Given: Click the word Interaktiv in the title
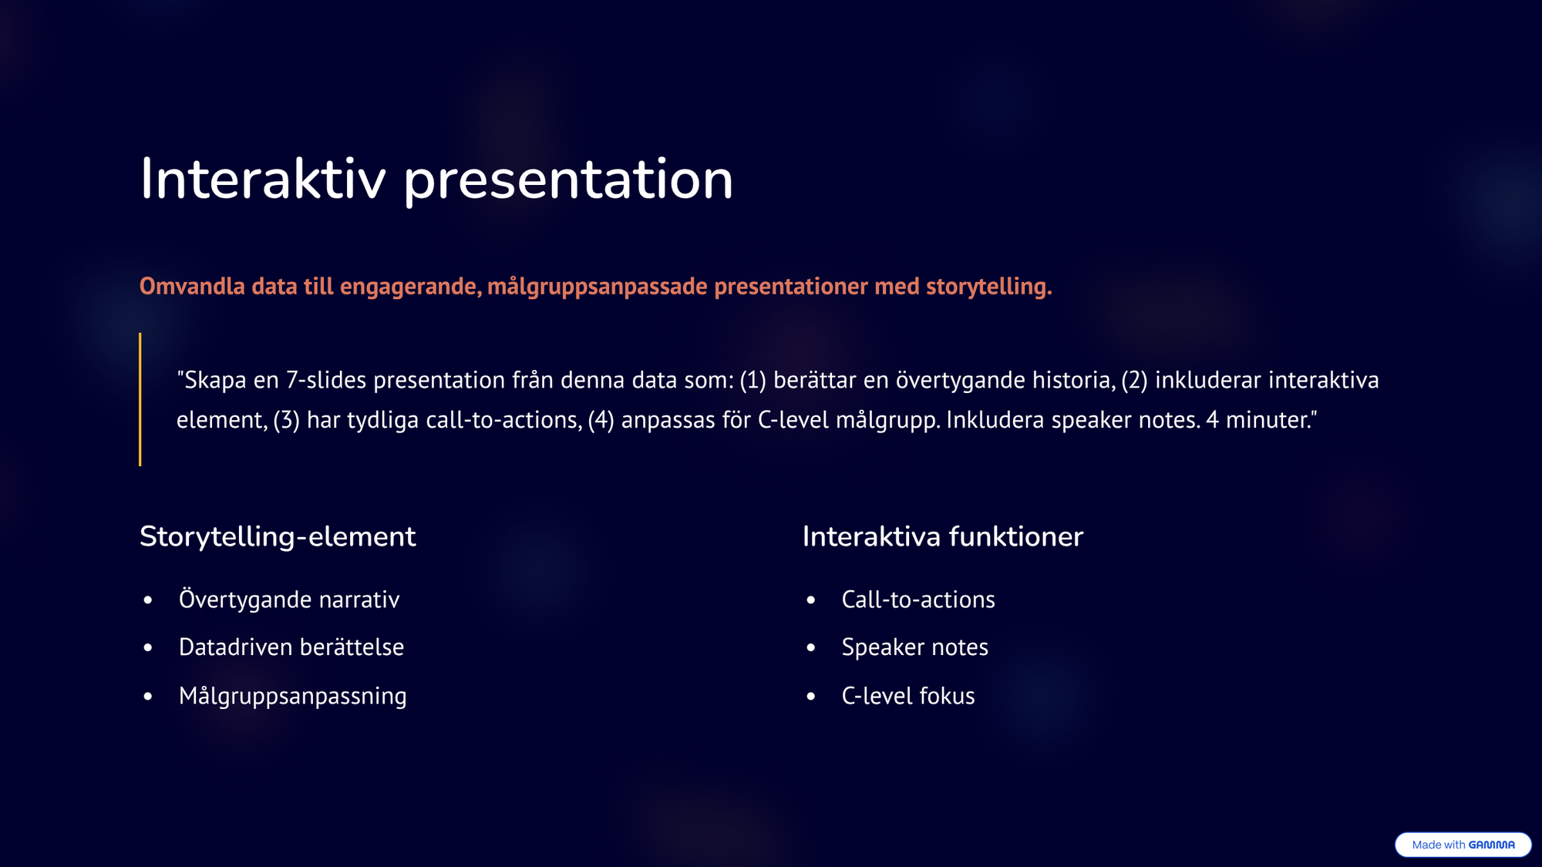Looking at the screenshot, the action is (x=262, y=179).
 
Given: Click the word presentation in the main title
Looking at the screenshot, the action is (x=568, y=182).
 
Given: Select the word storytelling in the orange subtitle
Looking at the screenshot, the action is (x=988, y=287).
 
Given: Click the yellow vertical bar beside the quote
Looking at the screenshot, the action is (x=140, y=399).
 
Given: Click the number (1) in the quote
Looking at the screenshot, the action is (x=752, y=380).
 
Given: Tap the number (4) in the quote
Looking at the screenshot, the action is (x=601, y=420).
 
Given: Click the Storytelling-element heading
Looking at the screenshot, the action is (x=278, y=536).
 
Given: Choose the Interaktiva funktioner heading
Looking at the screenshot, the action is (x=943, y=536).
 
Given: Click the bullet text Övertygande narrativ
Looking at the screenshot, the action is (x=289, y=600).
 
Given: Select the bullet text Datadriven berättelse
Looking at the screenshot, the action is (x=291, y=647).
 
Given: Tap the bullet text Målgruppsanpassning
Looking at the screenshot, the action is (x=293, y=696).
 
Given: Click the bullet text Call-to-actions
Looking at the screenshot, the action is (x=918, y=600).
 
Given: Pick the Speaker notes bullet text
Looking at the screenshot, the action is (x=915, y=647).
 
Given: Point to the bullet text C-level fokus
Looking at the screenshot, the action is (x=908, y=696).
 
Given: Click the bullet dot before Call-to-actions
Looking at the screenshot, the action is (x=811, y=600).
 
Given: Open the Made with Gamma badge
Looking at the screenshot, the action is (x=1463, y=845).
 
